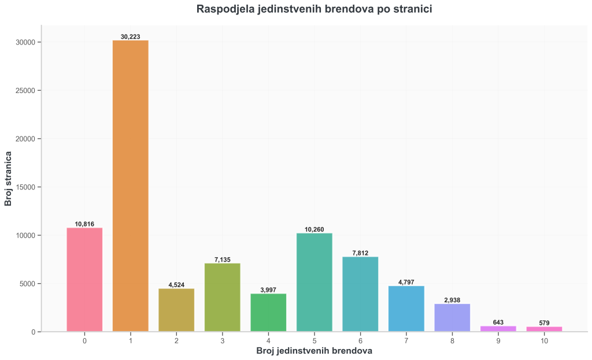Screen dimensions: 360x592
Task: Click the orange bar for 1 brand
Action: pyautogui.click(x=131, y=185)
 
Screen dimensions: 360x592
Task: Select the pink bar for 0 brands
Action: pyautogui.click(x=84, y=280)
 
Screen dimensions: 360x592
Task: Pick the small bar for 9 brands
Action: pyautogui.click(x=498, y=329)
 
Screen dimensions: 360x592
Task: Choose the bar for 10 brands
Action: pyautogui.click(x=544, y=329)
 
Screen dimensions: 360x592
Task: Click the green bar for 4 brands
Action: pyautogui.click(x=268, y=313)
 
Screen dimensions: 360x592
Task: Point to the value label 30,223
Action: pyautogui.click(x=131, y=37)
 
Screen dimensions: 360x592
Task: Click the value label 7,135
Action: pyautogui.click(x=223, y=260)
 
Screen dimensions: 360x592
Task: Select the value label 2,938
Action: pyautogui.click(x=452, y=300)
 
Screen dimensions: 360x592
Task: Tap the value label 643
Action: pyautogui.click(x=498, y=322)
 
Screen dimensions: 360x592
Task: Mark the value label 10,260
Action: pyautogui.click(x=314, y=229)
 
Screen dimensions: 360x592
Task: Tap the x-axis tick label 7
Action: pyautogui.click(x=406, y=341)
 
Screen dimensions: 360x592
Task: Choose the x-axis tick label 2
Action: pyautogui.click(x=176, y=341)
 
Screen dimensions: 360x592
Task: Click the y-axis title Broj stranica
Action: pyautogui.click(x=9, y=179)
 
